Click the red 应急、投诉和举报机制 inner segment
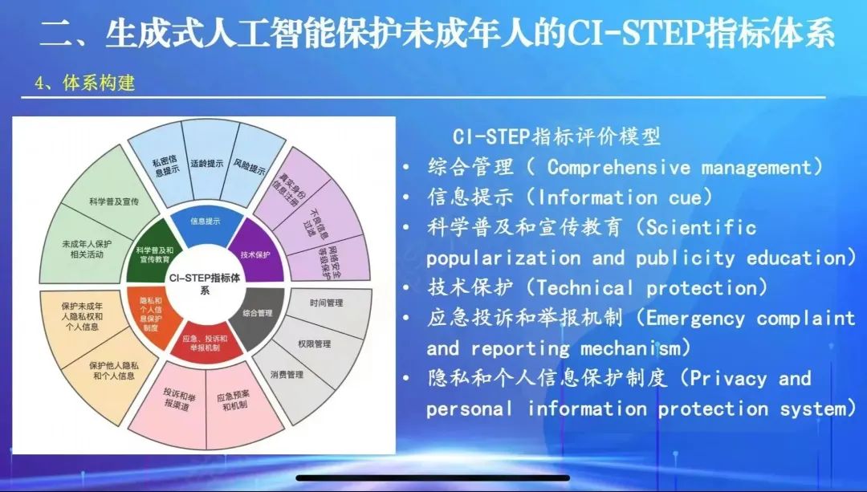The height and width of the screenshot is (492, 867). (x=206, y=342)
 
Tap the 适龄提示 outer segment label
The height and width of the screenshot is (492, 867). (x=207, y=164)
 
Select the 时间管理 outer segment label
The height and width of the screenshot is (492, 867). (x=326, y=303)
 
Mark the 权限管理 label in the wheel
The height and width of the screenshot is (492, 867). (x=314, y=344)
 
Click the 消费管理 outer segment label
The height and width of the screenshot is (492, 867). (x=287, y=374)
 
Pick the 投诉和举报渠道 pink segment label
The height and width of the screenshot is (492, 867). (x=178, y=398)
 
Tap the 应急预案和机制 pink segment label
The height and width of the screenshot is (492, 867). (x=234, y=401)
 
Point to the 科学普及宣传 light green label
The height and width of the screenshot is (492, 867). (x=113, y=201)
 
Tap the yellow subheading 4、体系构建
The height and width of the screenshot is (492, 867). (x=84, y=83)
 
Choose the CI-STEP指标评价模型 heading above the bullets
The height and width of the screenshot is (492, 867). (x=557, y=136)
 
